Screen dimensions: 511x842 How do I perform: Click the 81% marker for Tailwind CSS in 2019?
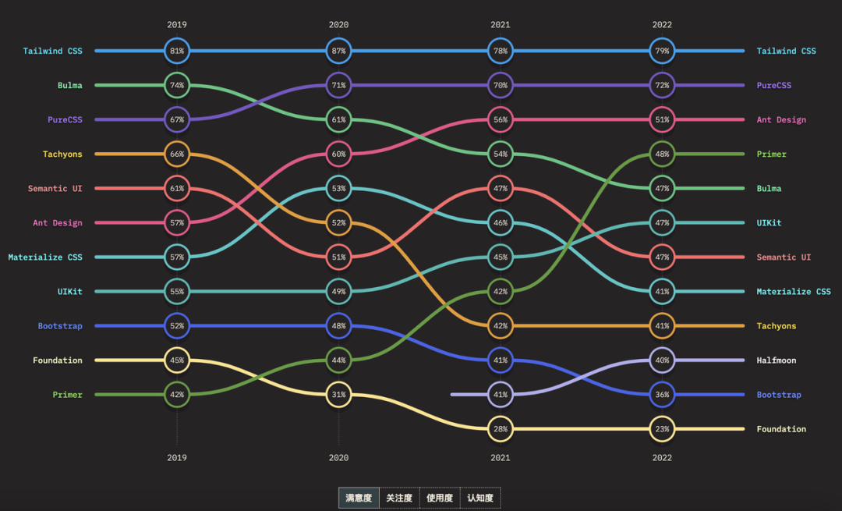tap(177, 51)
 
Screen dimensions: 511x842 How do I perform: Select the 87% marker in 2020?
tap(338, 51)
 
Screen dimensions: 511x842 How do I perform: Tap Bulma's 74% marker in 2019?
tap(177, 85)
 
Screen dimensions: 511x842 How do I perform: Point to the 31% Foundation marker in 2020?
tap(338, 395)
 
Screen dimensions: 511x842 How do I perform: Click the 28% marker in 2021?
tap(501, 429)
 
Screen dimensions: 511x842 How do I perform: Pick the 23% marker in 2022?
tap(662, 429)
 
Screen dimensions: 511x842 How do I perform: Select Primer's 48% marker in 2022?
tap(662, 154)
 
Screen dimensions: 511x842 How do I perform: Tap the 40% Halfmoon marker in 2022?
tap(662, 360)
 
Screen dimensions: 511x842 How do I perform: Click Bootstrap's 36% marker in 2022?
tap(662, 395)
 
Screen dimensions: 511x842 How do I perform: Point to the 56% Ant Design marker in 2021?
tap(501, 119)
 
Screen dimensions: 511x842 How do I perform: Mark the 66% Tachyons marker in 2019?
tap(177, 154)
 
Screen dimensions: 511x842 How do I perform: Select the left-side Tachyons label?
tap(62, 154)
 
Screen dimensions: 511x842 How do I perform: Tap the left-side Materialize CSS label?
tap(45, 257)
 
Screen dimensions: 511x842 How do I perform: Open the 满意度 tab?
tap(359, 498)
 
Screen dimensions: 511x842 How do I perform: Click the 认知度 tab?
tap(480, 498)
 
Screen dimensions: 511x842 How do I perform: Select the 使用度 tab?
tap(440, 498)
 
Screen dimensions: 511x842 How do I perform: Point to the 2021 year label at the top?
tap(501, 24)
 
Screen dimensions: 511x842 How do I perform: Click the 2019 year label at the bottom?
tap(177, 458)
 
